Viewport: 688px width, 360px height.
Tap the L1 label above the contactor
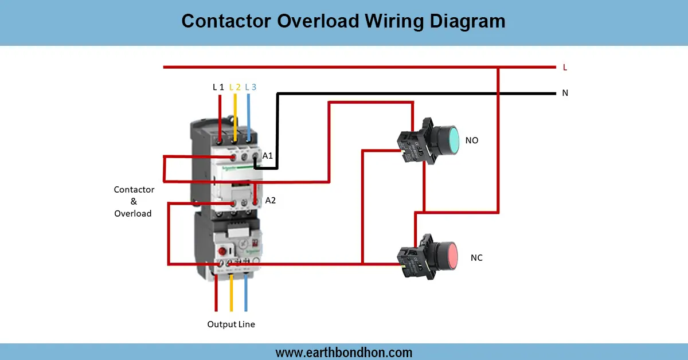[218, 87]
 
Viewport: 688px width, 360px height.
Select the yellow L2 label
[234, 87]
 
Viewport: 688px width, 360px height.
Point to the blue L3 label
[251, 87]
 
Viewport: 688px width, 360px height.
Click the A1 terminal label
[268, 155]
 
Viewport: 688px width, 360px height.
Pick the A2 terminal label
[271, 201]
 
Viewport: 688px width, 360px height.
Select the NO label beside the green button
[472, 140]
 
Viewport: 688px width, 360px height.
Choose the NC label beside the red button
[476, 258]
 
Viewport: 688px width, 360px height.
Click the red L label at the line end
[565, 67]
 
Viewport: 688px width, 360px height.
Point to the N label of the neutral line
[565, 93]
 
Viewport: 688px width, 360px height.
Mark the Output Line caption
[231, 324]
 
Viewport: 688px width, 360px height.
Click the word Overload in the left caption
[133, 213]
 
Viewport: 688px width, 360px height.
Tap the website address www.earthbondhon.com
[344, 352]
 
